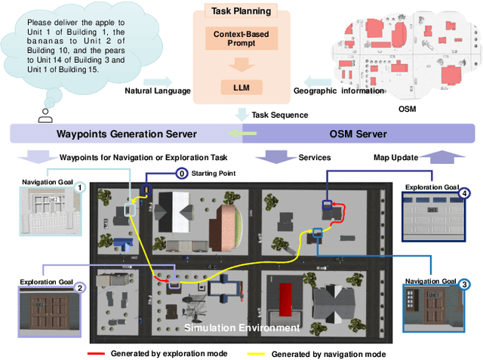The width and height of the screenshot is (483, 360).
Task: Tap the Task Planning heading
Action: (x=241, y=11)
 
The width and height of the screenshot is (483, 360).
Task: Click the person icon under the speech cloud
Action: (x=45, y=115)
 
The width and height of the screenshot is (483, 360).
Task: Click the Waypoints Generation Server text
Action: (x=128, y=134)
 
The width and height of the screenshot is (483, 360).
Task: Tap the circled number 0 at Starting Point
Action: (x=181, y=173)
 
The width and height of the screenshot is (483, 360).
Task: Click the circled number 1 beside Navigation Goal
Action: (x=80, y=187)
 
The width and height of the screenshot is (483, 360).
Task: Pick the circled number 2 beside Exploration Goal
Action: (x=80, y=287)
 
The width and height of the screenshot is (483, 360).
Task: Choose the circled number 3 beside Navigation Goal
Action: (x=465, y=285)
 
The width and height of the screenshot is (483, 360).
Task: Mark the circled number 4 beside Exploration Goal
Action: (x=465, y=192)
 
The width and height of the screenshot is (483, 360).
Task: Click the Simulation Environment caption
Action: (x=241, y=328)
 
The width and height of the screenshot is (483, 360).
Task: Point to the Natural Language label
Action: (x=156, y=91)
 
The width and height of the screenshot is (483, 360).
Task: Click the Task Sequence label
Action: (x=280, y=115)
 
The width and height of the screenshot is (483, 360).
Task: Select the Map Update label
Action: (x=395, y=157)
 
